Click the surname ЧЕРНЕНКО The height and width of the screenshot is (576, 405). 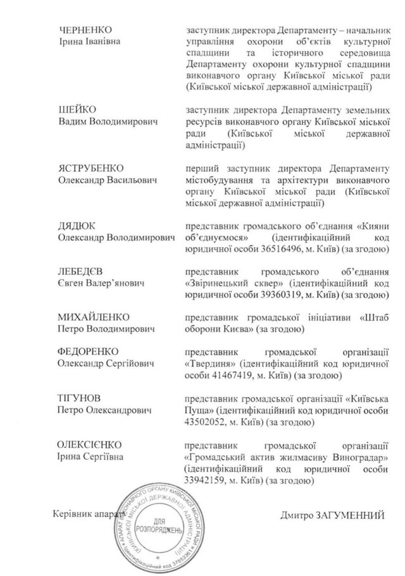point(81,30)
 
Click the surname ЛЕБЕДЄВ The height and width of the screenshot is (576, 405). point(79,271)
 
